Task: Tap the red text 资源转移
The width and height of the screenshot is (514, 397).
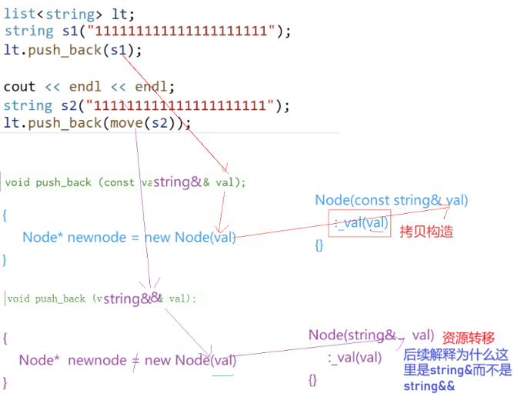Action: click(468, 338)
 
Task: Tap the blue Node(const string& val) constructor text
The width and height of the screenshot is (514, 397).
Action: click(391, 201)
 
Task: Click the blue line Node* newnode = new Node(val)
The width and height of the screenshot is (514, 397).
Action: click(129, 237)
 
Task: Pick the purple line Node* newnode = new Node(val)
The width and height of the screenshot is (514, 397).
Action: click(127, 360)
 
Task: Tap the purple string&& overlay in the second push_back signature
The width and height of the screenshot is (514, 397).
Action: click(133, 298)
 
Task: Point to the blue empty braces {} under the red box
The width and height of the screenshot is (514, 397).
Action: click(319, 245)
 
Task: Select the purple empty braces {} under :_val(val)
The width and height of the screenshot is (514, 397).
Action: click(312, 379)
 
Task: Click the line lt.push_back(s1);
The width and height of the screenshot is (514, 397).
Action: click(73, 50)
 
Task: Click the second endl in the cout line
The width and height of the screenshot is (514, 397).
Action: click(152, 87)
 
